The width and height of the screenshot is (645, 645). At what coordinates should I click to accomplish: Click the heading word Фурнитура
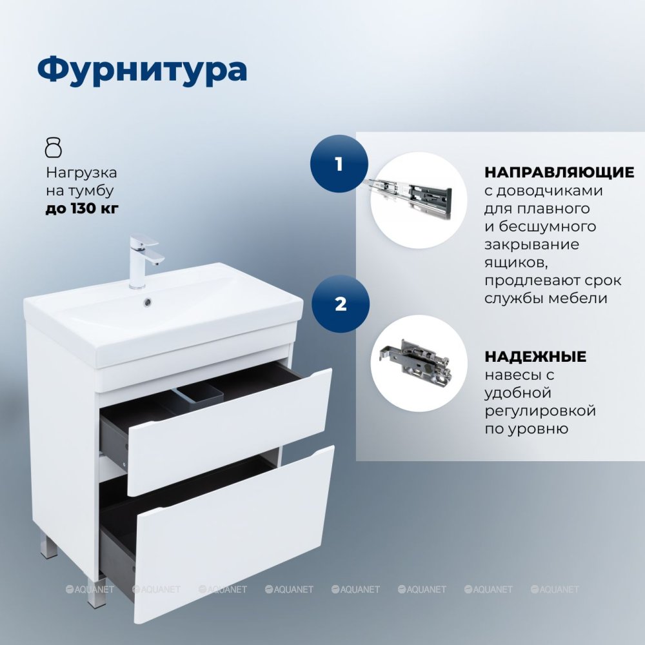click(143, 71)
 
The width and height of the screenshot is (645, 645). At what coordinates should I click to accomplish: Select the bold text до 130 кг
click(82, 208)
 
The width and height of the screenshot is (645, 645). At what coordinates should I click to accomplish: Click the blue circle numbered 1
click(339, 164)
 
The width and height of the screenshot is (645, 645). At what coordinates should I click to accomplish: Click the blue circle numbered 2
click(340, 304)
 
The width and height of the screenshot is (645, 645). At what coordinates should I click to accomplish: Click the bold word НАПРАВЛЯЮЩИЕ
click(559, 172)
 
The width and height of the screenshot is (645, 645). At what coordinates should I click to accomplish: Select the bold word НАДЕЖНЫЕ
click(535, 356)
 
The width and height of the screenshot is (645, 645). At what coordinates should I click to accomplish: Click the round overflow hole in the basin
click(147, 303)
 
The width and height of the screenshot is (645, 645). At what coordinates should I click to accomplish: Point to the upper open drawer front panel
click(230, 432)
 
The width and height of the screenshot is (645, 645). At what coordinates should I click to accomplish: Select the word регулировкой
click(540, 411)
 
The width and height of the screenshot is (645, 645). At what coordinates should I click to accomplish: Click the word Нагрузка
click(81, 173)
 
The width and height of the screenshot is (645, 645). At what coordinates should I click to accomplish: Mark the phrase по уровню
click(526, 429)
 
